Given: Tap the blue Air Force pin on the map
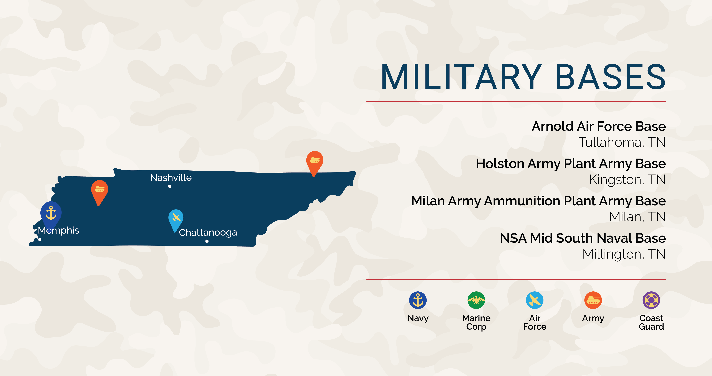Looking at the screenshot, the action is point(176,220).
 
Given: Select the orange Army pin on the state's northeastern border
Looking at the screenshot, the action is point(315,163).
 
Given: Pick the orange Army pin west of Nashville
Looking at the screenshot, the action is point(99,192).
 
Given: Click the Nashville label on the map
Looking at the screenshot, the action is point(171,178).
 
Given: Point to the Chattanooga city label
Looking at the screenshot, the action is point(208,233).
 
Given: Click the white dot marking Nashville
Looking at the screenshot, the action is point(170,186).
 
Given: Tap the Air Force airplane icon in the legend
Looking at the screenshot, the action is point(535,300).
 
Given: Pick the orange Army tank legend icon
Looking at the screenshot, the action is point(593,300).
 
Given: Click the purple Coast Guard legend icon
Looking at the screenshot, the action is point(651,300).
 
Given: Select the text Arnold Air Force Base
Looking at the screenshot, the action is point(599,126).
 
